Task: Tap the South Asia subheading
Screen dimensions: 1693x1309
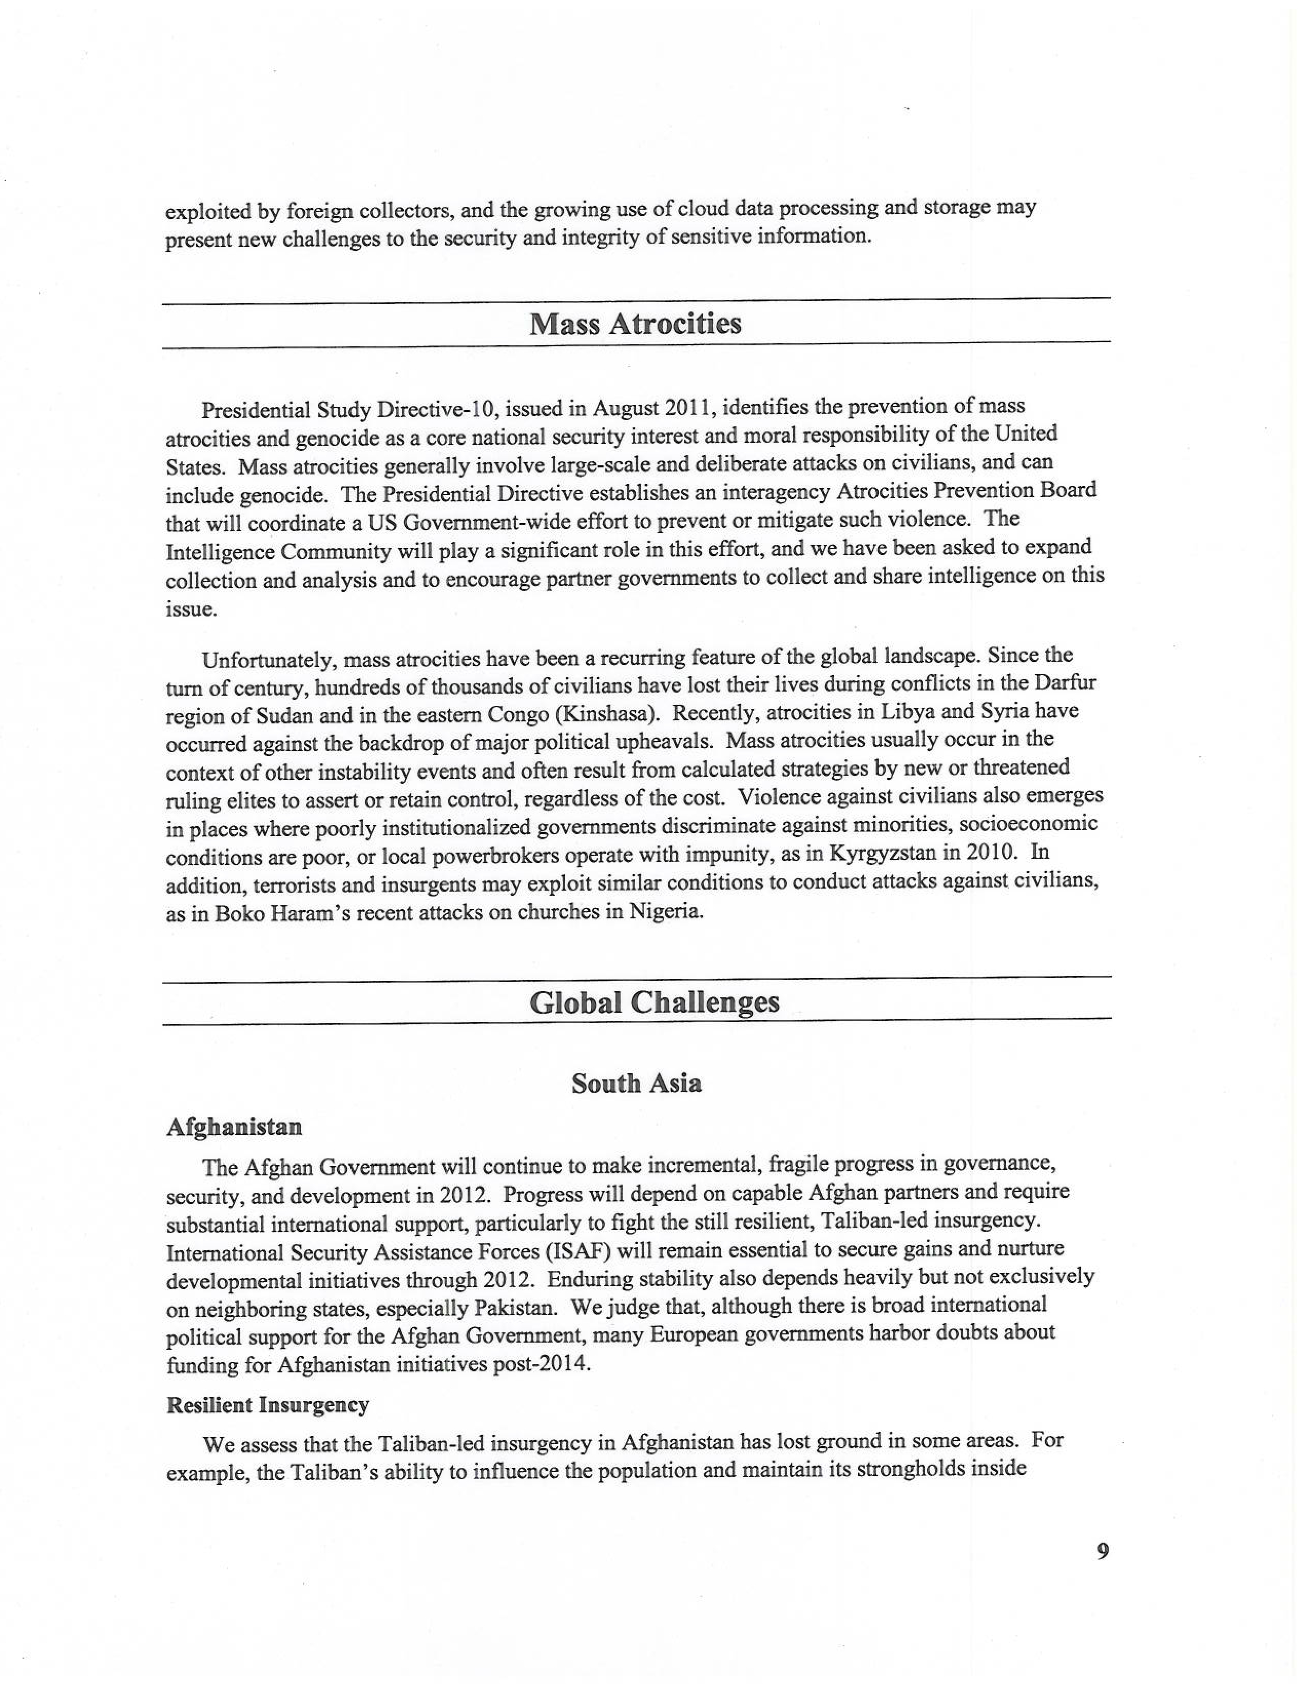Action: [x=636, y=1083]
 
